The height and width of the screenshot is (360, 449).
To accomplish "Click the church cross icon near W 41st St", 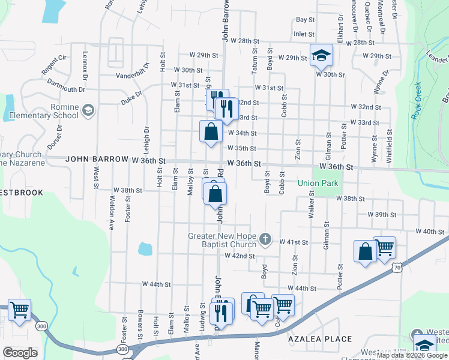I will coord(265,240).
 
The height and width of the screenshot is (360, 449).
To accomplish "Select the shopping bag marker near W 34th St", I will coord(211,131).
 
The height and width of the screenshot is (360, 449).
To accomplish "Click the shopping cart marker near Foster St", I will coord(19,310).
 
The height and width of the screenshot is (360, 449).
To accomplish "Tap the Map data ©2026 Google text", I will coord(412,355).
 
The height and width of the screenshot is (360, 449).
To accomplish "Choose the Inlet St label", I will coord(304,35).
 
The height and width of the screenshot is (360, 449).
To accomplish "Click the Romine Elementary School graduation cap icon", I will coord(88,109).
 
